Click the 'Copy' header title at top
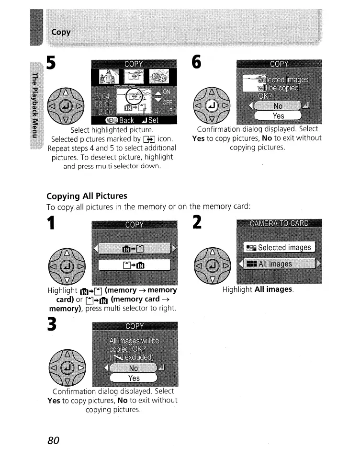[61, 32]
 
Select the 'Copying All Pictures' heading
[87, 195]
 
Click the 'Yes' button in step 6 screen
[278, 116]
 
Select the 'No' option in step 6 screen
[278, 105]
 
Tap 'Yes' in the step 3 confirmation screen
[134, 379]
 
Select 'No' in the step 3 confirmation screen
[134, 368]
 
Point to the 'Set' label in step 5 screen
[152, 120]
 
